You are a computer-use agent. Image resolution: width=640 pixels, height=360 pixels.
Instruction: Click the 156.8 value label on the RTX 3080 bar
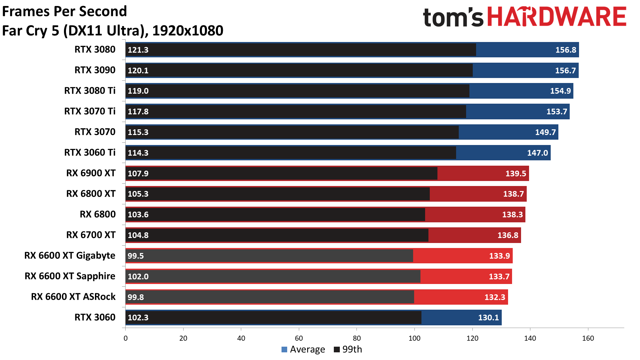565,50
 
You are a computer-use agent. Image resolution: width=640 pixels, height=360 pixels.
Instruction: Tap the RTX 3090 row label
95,70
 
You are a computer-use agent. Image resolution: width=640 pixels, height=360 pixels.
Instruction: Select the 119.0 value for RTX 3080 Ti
138,91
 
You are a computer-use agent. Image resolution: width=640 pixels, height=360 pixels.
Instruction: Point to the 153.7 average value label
556,112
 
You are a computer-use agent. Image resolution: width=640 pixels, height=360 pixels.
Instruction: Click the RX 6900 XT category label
91,173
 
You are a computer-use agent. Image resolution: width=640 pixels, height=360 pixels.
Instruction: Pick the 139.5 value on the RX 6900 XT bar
515,174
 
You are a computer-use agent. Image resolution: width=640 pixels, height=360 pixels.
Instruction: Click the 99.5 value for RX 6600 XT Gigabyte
136,256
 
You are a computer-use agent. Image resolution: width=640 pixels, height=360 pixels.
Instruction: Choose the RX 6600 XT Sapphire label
70,276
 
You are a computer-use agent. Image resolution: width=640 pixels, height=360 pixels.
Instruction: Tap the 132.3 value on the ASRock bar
494,297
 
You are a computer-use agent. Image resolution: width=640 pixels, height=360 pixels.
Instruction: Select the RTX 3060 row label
95,317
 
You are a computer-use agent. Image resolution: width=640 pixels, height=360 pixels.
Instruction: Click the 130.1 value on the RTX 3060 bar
488,318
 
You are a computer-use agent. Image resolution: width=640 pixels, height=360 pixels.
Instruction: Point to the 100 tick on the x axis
414,338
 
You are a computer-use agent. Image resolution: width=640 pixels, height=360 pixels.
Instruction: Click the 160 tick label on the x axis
588,338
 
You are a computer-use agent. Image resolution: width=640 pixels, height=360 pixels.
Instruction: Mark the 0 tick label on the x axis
126,338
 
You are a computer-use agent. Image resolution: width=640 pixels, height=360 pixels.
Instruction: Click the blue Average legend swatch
284,349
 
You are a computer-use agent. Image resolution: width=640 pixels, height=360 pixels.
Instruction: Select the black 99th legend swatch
337,349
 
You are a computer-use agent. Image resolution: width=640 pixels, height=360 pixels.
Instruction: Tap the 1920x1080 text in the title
188,31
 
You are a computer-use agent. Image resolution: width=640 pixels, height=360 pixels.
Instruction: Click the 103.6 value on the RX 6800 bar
138,215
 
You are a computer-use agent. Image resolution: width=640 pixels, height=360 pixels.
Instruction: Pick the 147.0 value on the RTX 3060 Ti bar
537,153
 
